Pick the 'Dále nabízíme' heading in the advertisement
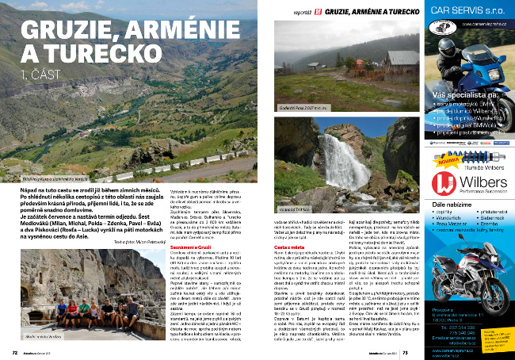(x=453, y=204)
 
